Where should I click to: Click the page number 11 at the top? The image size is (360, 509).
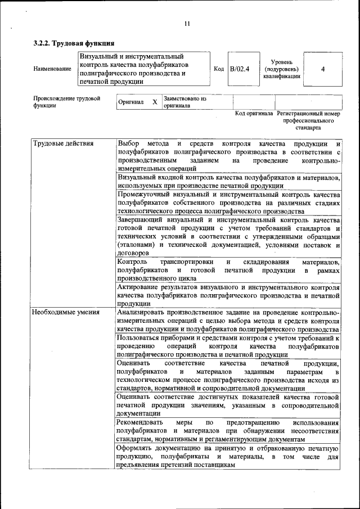[187, 24]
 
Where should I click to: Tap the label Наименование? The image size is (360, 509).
[52, 69]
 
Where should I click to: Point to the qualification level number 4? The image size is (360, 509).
[322, 69]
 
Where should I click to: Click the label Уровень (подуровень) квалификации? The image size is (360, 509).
[281, 69]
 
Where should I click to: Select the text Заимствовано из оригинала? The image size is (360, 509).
[185, 102]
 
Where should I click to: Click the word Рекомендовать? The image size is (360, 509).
[140, 422]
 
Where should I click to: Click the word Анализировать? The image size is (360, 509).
[142, 312]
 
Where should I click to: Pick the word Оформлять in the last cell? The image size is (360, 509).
[135, 448]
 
